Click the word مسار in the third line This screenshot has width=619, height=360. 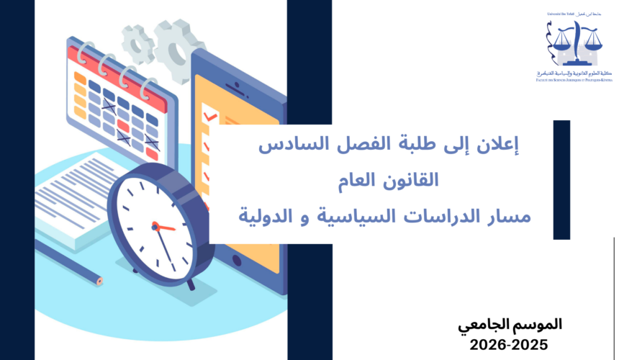click(x=508, y=215)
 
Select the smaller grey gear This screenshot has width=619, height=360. click(x=136, y=43)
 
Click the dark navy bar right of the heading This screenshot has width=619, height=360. click(x=561, y=180)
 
